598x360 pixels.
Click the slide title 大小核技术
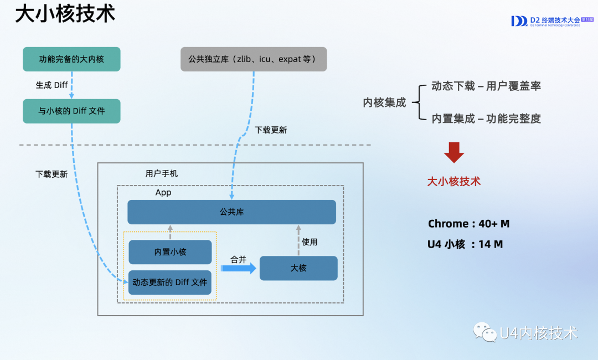65,14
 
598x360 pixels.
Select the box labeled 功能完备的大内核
71,59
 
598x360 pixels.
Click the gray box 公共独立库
254,59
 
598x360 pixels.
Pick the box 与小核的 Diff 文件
71,111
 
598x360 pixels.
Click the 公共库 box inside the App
231,212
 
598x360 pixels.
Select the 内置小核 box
170,252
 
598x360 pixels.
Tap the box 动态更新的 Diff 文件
170,282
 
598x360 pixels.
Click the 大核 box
298,268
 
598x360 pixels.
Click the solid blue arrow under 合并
239,269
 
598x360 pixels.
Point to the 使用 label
310,242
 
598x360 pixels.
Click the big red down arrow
454,152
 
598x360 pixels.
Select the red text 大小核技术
453,182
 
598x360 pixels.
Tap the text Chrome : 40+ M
468,224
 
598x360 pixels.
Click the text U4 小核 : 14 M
465,244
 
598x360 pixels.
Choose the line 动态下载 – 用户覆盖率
486,86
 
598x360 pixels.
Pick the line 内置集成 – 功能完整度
486,118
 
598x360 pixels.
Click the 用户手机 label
162,173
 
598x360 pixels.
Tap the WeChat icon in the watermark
484,332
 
